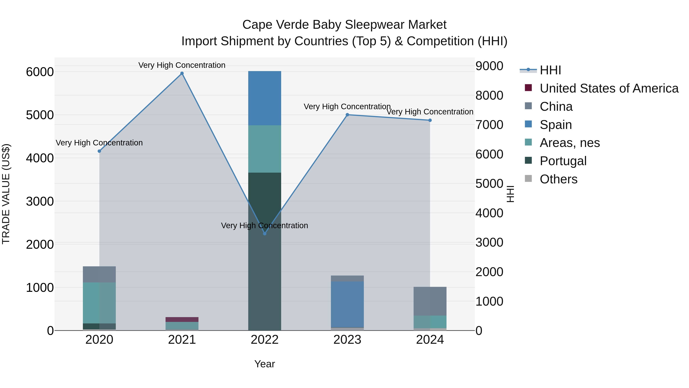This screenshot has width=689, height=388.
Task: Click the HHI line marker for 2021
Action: pyautogui.click(x=182, y=73)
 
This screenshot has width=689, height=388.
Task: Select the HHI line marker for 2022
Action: pyautogui.click(x=264, y=234)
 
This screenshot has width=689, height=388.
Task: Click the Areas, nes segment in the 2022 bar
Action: pyautogui.click(x=264, y=149)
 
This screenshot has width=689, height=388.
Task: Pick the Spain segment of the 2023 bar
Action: pyautogui.click(x=347, y=304)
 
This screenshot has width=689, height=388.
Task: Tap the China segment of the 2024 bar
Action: pyautogui.click(x=430, y=301)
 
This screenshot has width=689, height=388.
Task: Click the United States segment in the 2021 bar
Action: pyautogui.click(x=182, y=319)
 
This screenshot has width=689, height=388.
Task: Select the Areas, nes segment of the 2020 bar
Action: pyautogui.click(x=99, y=303)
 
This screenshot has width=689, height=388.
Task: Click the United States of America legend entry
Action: pyautogui.click(x=609, y=88)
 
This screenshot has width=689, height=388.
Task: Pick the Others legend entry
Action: pyautogui.click(x=558, y=179)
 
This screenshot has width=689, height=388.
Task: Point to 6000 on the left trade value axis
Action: pyautogui.click(x=40, y=72)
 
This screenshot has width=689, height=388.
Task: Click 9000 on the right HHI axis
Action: pyautogui.click(x=489, y=66)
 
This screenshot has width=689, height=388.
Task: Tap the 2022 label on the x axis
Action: pyautogui.click(x=264, y=340)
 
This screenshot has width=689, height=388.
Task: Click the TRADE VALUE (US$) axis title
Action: pyautogui.click(x=6, y=194)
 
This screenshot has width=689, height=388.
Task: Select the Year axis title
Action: pyautogui.click(x=264, y=364)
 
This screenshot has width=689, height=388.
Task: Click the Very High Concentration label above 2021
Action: pyautogui.click(x=182, y=65)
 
